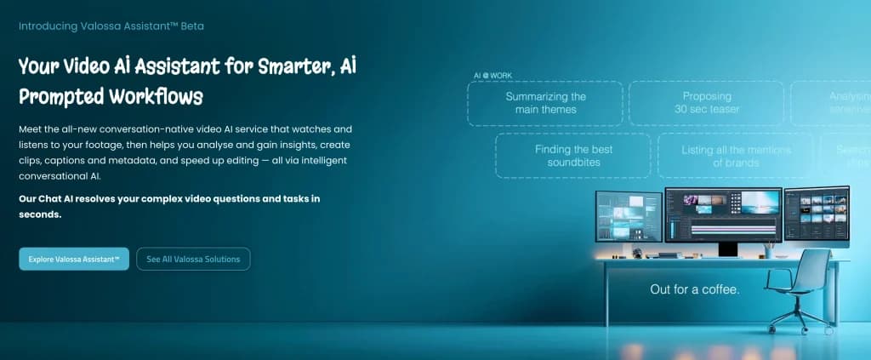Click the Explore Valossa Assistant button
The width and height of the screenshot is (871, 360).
pos(73,259)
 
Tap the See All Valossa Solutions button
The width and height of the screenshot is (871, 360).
pos(193,259)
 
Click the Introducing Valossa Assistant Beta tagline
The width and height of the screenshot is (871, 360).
pos(111,26)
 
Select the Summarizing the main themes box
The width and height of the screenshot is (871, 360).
pos(545,103)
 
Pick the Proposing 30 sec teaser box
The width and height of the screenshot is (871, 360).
pos(707,103)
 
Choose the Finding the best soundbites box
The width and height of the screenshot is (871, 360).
pos(572,156)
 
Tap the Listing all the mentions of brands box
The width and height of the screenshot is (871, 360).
pos(736,156)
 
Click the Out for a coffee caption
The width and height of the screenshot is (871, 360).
pos(694,289)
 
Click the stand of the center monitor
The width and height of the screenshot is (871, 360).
pos(727,249)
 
